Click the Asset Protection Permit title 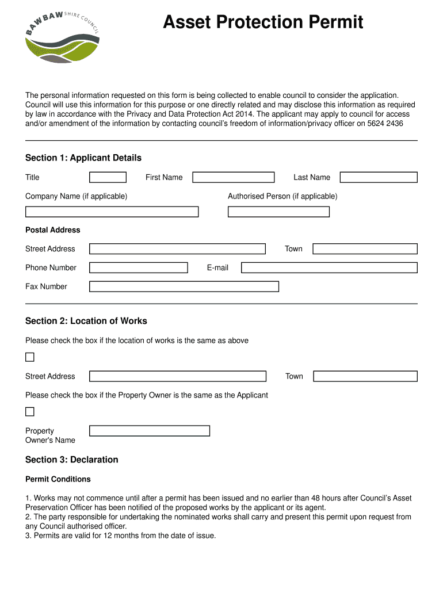tap(263, 22)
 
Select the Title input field tap(108, 177)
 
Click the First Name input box tap(233, 177)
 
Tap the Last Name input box tap(378, 177)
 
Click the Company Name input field tap(112, 212)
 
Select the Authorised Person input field tap(278, 212)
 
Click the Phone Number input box tap(138, 267)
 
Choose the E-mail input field tap(329, 267)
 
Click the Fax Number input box tap(184, 286)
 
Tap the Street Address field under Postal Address tap(177, 248)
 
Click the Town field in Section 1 tap(365, 248)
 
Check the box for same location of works tap(30, 357)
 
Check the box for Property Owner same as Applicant tap(30, 412)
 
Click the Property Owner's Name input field tap(150, 431)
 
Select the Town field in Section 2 tap(365, 376)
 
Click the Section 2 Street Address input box tap(178, 376)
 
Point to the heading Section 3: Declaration tap(72, 460)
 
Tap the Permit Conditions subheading tap(58, 479)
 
